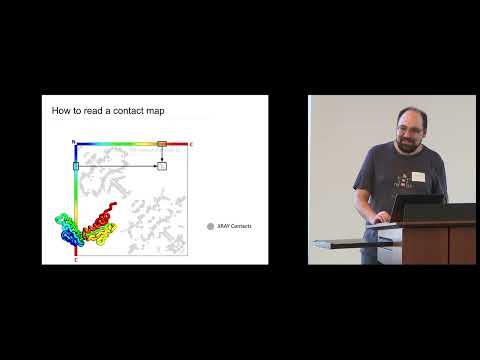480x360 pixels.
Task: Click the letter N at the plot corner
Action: point(73,143)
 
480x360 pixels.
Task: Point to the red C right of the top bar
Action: point(191,144)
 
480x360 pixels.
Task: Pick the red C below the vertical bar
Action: point(76,259)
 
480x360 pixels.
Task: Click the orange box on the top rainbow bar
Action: point(162,144)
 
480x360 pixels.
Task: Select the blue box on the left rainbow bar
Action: point(76,165)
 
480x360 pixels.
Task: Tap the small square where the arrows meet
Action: point(162,165)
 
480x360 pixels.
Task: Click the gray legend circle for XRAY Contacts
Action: point(210,226)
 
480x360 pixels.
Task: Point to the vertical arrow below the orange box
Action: point(162,154)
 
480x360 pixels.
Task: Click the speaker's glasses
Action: point(408,129)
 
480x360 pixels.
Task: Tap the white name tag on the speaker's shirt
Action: point(418,176)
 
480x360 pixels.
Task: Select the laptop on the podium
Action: point(414,207)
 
